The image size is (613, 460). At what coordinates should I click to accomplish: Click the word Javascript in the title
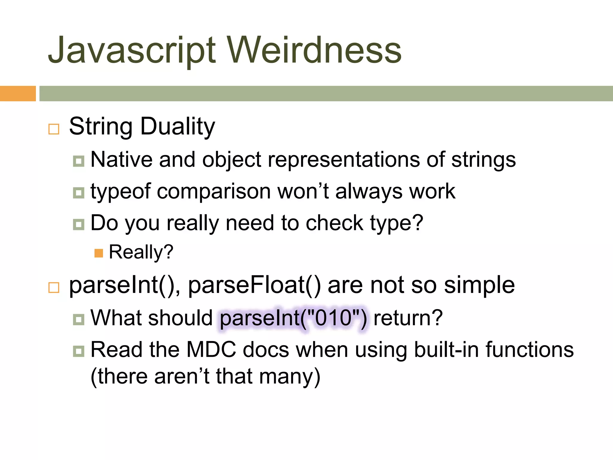point(132,50)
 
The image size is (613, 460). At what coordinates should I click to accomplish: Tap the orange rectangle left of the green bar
point(18,93)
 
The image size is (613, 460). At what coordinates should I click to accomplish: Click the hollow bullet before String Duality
point(54,129)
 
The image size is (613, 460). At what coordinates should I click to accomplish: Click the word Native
point(121,159)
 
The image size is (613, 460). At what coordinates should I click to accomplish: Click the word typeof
point(120,192)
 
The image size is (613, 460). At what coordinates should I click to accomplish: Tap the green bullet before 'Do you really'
point(78,224)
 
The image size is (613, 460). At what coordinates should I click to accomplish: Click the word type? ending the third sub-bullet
point(396,223)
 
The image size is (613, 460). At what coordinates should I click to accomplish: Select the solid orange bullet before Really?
point(98,253)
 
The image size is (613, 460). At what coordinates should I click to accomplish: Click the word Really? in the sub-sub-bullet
point(141,252)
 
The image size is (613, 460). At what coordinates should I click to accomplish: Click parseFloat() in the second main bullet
point(254,285)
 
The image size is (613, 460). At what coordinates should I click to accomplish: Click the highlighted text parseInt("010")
point(293,318)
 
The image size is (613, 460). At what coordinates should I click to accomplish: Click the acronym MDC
point(211,349)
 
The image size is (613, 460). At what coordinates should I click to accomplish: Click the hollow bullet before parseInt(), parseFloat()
point(54,287)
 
